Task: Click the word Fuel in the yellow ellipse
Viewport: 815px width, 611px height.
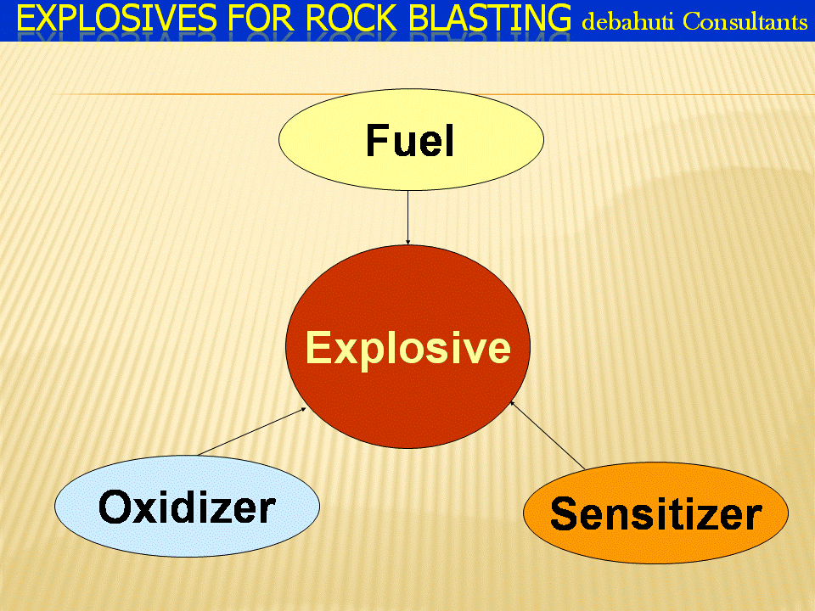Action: (x=410, y=140)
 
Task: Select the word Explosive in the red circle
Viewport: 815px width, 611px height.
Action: (x=408, y=348)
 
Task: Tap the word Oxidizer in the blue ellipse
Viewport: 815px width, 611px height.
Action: (x=187, y=507)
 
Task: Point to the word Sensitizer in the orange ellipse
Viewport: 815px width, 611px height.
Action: (x=656, y=514)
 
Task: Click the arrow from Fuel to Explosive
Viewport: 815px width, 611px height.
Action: (x=408, y=217)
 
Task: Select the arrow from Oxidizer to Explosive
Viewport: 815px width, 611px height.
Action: (x=251, y=432)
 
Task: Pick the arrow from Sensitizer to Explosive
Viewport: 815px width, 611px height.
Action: (x=548, y=434)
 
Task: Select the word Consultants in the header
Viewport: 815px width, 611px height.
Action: (x=745, y=21)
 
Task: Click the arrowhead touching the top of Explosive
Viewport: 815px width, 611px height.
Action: (x=408, y=242)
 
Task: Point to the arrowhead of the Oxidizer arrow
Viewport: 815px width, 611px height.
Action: (x=303, y=410)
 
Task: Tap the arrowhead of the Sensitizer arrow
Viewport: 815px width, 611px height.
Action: (x=512, y=403)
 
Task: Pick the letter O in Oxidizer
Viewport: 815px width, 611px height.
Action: (x=115, y=507)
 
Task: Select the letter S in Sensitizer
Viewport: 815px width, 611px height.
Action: (x=564, y=514)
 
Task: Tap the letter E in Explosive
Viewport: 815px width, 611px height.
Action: (x=318, y=347)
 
